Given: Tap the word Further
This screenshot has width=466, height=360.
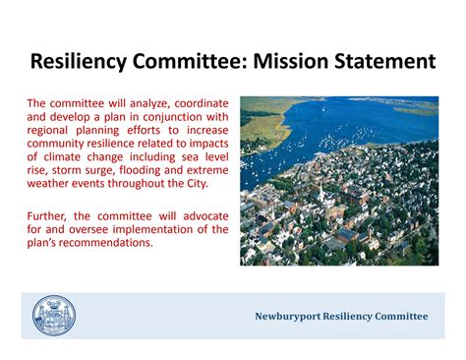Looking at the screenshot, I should [x=49, y=215].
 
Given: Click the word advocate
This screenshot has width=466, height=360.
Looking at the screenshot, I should [x=202, y=215].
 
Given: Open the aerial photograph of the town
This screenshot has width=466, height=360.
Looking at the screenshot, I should [x=338, y=180].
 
